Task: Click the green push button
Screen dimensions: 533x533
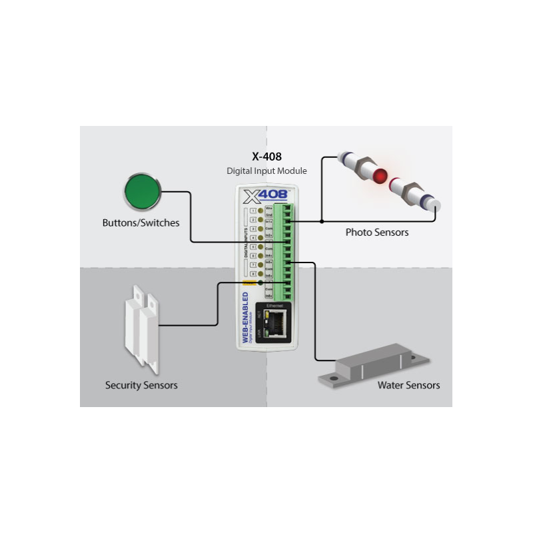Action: click(143, 192)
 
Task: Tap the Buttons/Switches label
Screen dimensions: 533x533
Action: click(141, 223)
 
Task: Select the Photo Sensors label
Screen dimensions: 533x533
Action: click(377, 233)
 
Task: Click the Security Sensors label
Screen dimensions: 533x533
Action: click(141, 385)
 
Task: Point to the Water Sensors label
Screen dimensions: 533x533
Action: click(408, 385)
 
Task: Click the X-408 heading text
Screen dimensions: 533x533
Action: click(266, 157)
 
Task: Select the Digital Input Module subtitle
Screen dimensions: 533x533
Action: click(266, 171)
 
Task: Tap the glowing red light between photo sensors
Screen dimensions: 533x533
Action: click(380, 177)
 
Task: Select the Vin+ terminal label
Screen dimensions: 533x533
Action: click(268, 208)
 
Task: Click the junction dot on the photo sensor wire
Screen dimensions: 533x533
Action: click(322, 221)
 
